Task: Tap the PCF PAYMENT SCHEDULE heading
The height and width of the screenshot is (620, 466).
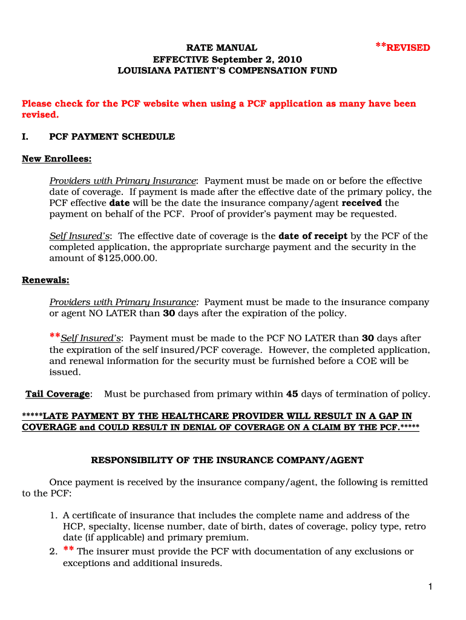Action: click(112, 137)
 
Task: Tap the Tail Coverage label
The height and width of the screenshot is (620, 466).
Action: click(57, 394)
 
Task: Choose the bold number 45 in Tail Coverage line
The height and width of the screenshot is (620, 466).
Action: click(292, 394)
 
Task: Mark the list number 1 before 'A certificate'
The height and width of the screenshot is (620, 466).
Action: click(53, 516)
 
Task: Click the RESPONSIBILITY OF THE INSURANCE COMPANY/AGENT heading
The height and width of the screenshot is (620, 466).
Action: click(227, 460)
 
